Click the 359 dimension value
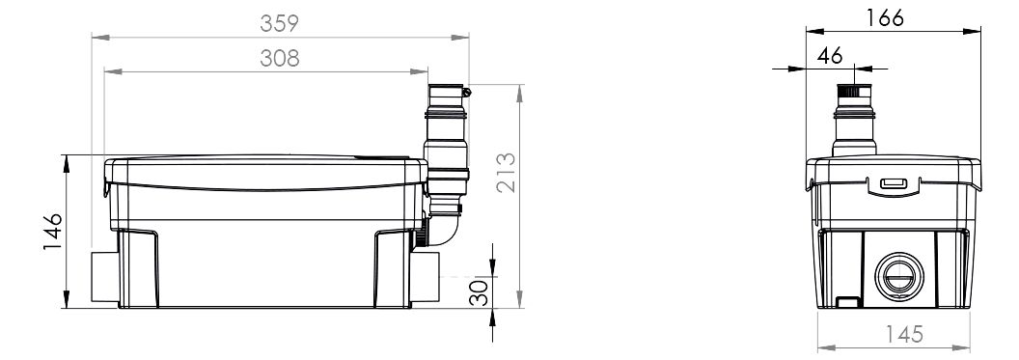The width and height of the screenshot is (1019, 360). pyautogui.click(x=279, y=23)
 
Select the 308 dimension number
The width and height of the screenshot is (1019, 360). pyautogui.click(x=280, y=59)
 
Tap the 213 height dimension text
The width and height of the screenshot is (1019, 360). pyautogui.click(x=507, y=172)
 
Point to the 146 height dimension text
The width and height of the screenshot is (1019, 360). pyautogui.click(x=53, y=232)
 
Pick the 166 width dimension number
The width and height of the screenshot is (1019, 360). pyautogui.click(x=885, y=17)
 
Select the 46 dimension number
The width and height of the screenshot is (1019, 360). pyautogui.click(x=830, y=56)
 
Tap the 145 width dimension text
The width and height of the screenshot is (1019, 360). pyautogui.click(x=904, y=334)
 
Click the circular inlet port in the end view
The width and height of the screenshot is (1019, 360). pyautogui.click(x=899, y=276)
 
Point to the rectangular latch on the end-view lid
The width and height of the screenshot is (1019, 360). pyautogui.click(x=894, y=183)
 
